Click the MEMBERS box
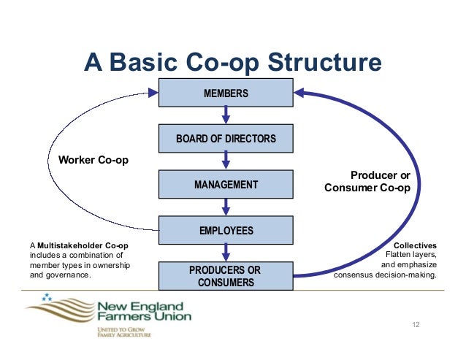pyautogui.click(x=226, y=93)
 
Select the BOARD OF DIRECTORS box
pyautogui.click(x=226, y=139)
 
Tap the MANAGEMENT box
pyautogui.click(x=226, y=185)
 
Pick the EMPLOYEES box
pyautogui.click(x=226, y=231)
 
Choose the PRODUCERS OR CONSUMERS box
pyautogui.click(x=226, y=276)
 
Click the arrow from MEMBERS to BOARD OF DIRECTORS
pyautogui.click(x=226, y=115)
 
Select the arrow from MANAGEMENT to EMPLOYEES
pyautogui.click(x=226, y=207)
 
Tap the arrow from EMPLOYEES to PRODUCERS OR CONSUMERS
pyautogui.click(x=226, y=253)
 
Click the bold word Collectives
pyautogui.click(x=415, y=245)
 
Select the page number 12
pyautogui.click(x=418, y=323)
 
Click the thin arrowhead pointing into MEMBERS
pyautogui.click(x=153, y=93)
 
